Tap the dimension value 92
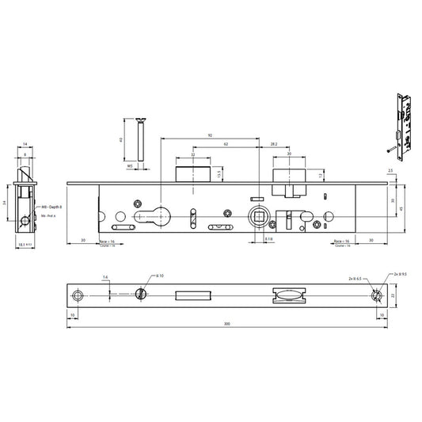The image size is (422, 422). [211, 136]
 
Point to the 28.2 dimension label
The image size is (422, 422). [273, 145]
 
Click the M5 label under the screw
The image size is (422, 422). [130, 167]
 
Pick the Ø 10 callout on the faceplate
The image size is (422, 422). [160, 276]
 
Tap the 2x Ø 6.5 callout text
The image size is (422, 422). [354, 279]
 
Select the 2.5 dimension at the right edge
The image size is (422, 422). [390, 171]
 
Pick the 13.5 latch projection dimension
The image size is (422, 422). [219, 172]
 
